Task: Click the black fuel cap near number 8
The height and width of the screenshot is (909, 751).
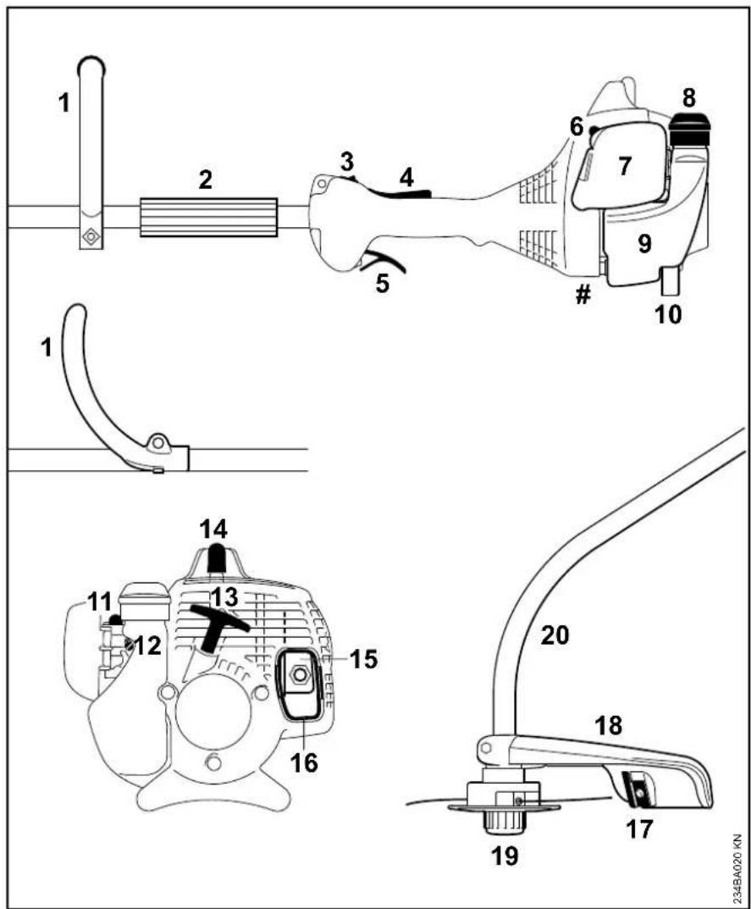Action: tap(689, 130)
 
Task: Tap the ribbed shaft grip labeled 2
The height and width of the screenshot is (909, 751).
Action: tap(208, 218)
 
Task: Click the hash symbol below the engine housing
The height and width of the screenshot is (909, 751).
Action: tap(583, 296)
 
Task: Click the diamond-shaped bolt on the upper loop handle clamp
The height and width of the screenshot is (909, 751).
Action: tap(91, 236)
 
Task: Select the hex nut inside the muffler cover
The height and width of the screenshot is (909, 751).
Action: tap(301, 674)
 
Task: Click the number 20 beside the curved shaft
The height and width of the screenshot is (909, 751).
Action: tap(555, 636)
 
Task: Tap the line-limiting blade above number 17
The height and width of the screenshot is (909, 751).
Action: tap(636, 790)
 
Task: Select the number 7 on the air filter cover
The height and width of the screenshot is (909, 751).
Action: tap(624, 167)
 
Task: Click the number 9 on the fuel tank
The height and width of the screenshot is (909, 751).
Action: tap(644, 244)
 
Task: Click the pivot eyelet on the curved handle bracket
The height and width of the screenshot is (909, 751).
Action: tap(157, 443)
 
